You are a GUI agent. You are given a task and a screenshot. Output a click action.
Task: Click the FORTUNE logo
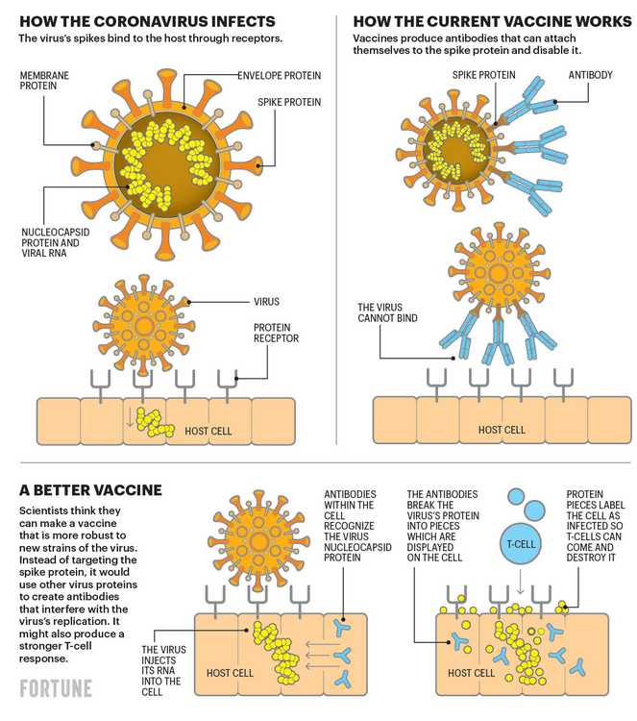pos(56,688)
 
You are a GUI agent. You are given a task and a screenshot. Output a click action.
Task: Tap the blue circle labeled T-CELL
pos(521,544)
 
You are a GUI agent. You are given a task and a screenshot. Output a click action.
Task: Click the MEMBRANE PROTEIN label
pos(44,81)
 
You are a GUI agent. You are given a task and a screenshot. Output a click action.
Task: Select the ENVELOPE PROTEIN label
pos(279,75)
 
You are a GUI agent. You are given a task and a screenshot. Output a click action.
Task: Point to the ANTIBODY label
pos(590,75)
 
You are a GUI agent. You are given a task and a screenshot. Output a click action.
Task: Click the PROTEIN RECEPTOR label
pos(276,333)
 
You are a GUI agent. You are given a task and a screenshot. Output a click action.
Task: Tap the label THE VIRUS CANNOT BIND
pos(387,312)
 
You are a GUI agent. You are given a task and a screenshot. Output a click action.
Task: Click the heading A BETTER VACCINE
pos(90,490)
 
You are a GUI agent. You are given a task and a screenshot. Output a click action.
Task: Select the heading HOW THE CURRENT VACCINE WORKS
pos(492,21)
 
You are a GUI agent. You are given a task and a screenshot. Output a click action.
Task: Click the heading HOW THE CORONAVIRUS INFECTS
pos(148,21)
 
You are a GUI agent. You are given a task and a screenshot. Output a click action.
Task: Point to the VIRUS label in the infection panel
pos(266,302)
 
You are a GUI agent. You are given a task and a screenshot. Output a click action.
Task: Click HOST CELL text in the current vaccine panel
pos(502,430)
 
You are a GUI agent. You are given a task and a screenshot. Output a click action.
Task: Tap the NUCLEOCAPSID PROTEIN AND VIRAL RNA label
pos(55,243)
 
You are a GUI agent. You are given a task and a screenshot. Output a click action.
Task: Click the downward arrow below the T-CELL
pos(520,583)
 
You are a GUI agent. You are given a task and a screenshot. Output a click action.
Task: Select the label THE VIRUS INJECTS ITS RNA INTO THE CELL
pos(163,670)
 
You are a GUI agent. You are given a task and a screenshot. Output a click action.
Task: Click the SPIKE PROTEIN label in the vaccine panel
pos(483,75)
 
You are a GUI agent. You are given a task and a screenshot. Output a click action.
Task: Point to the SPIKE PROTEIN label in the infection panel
pos(289,102)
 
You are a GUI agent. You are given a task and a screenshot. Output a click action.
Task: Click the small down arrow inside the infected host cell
pos(130,417)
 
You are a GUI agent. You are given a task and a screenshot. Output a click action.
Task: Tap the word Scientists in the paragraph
pos(41,510)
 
